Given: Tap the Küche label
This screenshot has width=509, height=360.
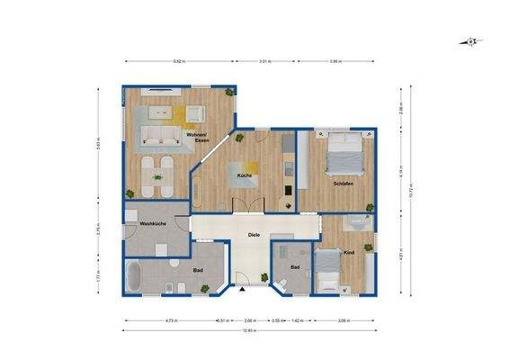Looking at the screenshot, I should [245, 175].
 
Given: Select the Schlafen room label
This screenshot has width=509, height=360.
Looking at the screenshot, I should [342, 183].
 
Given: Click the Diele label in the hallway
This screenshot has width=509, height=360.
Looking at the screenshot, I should [254, 236].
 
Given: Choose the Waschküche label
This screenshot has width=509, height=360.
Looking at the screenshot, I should [151, 222].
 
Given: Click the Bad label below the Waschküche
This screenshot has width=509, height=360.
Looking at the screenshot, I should [200, 269].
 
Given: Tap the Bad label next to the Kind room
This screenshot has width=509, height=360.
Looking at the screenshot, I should [294, 267].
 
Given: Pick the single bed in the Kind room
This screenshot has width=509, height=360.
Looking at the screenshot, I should [328, 270].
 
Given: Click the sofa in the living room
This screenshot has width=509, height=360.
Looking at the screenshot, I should [159, 137].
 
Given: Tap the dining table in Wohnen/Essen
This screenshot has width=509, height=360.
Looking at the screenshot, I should [159, 175].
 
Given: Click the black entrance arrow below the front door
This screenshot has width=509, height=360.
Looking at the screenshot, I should [241, 292].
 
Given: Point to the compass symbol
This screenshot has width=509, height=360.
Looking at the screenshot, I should [469, 41].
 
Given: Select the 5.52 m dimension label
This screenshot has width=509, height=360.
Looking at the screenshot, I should [178, 61].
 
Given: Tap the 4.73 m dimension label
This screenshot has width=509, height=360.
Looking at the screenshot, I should [170, 319].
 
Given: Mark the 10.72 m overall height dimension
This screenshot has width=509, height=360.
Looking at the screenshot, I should [411, 191].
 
